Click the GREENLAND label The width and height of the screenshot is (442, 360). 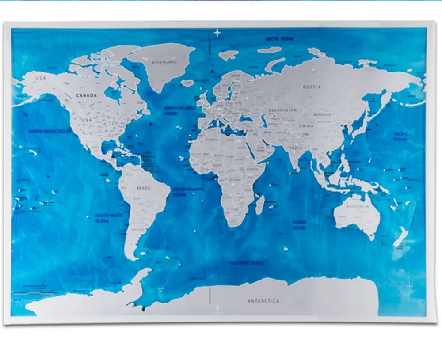click(164, 62)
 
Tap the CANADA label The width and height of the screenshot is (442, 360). click(86, 95)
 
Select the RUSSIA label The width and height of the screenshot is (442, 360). click(312, 87)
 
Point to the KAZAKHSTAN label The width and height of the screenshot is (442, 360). click(282, 110)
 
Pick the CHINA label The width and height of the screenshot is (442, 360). click(306, 126)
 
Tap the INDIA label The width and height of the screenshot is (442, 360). click(297, 148)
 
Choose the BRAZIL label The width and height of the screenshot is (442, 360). click(144, 188)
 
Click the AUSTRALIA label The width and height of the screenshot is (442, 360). click(358, 207)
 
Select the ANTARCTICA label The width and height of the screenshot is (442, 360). click(263, 301)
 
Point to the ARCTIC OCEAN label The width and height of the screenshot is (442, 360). click(280, 39)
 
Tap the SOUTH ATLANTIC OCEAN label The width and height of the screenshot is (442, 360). click(189, 191)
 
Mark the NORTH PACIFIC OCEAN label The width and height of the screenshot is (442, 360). click(50, 131)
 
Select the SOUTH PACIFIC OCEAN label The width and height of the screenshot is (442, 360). click(102, 218)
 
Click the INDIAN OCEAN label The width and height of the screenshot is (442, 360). click(299, 225)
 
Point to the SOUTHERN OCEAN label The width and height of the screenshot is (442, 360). click(246, 263)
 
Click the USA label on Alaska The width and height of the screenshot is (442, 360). click(41, 79)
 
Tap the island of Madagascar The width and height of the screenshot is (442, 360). click(260, 205)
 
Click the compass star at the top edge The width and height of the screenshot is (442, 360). click(217, 32)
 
